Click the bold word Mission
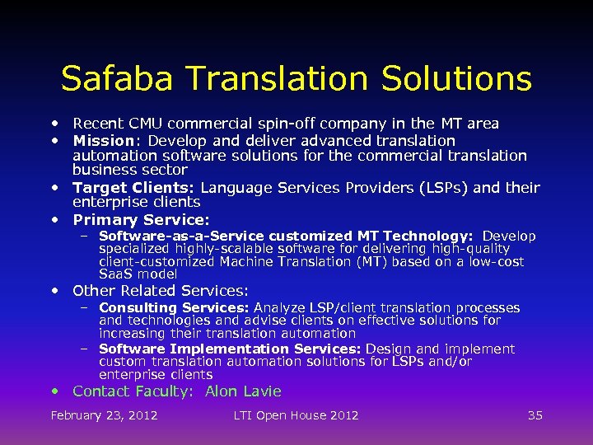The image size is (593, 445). pyautogui.click(x=103, y=141)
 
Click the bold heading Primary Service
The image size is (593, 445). pyautogui.click(x=140, y=220)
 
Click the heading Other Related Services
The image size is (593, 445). pyautogui.click(x=160, y=290)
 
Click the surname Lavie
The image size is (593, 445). pyautogui.click(x=261, y=391)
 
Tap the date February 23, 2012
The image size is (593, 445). pyautogui.click(x=104, y=415)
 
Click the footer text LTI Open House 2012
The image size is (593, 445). pyautogui.click(x=296, y=415)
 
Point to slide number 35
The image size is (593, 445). pyautogui.click(x=535, y=415)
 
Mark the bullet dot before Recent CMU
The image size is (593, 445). pyautogui.click(x=54, y=123)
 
